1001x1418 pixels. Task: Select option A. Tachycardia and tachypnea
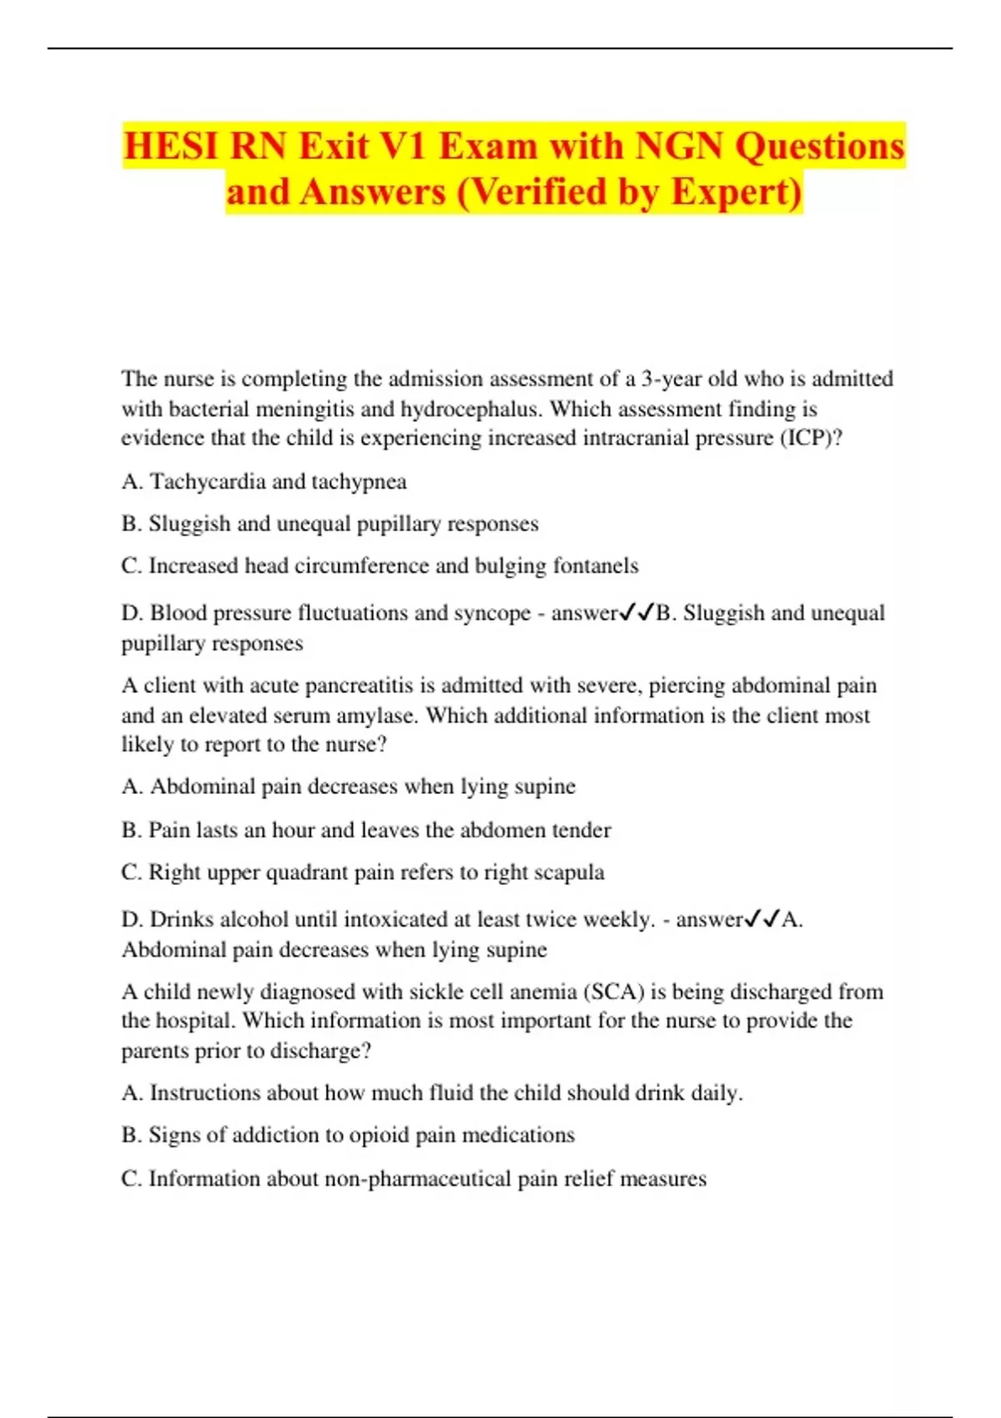click(264, 481)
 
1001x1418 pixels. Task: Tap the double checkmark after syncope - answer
click(636, 614)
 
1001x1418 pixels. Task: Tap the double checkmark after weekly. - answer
click(762, 920)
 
